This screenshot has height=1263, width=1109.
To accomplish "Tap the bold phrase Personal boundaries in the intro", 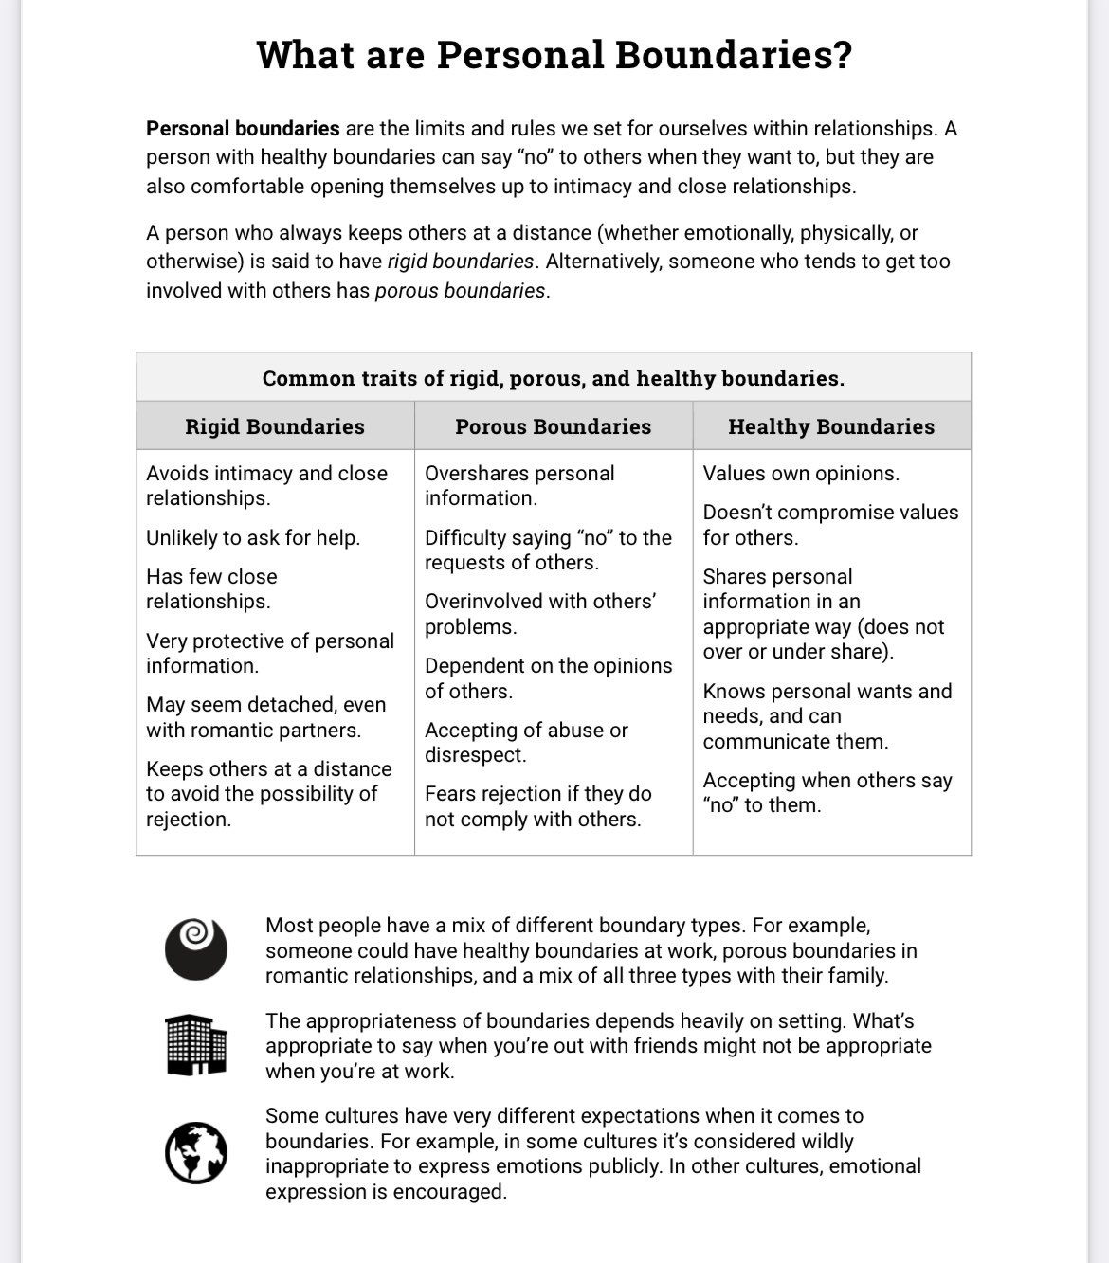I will click(243, 128).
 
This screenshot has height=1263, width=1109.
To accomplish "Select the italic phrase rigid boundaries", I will click(461, 261).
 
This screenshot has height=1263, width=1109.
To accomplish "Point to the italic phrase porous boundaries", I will click(460, 290).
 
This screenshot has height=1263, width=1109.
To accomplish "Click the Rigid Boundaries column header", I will click(275, 426).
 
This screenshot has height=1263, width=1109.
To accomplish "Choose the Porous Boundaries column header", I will click(553, 426).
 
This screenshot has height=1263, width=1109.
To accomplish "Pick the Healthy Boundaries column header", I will click(831, 426).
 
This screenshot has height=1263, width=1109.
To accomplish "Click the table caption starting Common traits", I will click(553, 378).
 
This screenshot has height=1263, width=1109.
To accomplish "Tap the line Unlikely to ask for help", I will click(253, 537).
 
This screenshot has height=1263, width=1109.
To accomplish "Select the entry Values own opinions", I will click(801, 473).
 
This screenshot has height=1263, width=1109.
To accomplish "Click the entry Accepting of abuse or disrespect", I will click(526, 742).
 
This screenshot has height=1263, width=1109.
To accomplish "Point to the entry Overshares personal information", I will click(519, 485).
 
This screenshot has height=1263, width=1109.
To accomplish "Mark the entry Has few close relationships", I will click(211, 588).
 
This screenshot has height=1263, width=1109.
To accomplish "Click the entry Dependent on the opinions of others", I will click(548, 678).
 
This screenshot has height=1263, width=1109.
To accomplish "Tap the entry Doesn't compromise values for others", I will click(830, 524).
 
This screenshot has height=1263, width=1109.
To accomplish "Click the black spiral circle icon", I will click(196, 948).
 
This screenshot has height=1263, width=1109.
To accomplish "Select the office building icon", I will click(196, 1044).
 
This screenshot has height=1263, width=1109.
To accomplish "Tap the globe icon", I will click(196, 1152).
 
